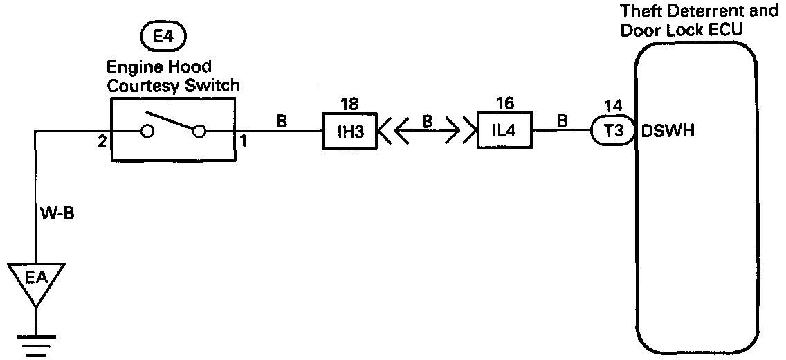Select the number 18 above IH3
click(x=349, y=104)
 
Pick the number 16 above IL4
click(x=505, y=104)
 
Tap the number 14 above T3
click(x=612, y=106)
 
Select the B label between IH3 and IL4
click(x=428, y=121)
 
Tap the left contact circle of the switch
click(x=147, y=131)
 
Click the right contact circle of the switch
click(x=199, y=131)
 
